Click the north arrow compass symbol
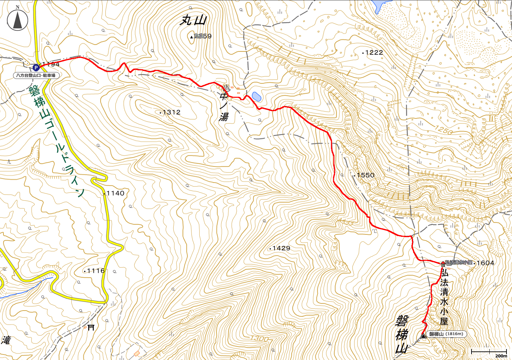18,20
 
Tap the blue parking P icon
36,68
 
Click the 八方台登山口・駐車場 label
36,75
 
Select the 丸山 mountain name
194,21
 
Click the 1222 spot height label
374,53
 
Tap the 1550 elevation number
365,175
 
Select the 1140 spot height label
115,193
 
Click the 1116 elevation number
96,271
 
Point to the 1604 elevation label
485,263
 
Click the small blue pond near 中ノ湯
256,96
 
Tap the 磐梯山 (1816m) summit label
446,334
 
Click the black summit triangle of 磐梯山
423,336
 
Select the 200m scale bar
489,352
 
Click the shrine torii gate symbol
91,327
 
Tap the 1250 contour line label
444,130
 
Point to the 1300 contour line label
259,339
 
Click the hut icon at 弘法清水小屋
443,264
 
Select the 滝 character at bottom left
6,340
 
